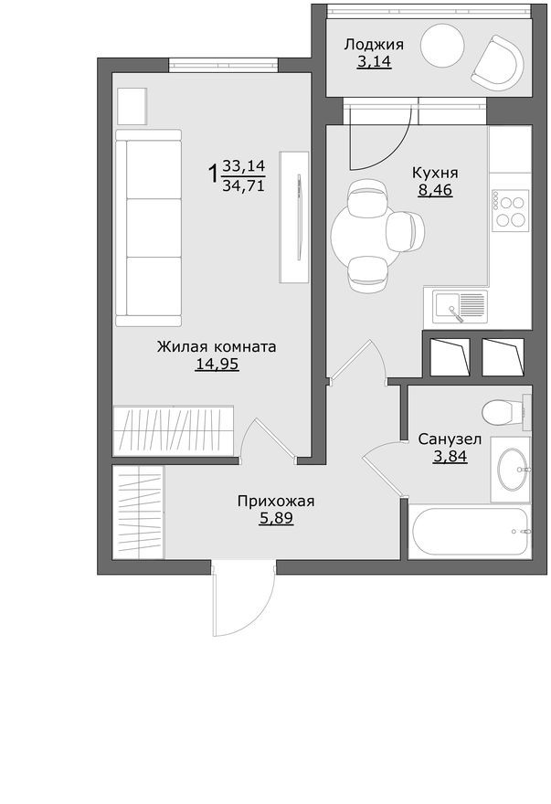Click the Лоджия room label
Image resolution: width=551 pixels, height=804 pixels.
point(373,44)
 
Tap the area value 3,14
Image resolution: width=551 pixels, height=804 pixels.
point(373,62)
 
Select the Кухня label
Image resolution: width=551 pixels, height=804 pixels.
point(435,173)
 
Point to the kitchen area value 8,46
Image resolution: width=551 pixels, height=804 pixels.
point(435,191)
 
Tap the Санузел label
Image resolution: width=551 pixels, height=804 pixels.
point(449,439)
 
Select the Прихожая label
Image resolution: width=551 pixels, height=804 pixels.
point(276,501)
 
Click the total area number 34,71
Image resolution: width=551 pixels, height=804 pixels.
point(243,185)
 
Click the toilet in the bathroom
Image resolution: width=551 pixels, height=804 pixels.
point(504,411)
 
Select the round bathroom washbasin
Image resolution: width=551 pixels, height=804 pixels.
point(510,469)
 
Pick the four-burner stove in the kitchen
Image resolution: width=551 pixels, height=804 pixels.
point(510,210)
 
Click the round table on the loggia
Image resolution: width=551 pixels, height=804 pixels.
point(443,44)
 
